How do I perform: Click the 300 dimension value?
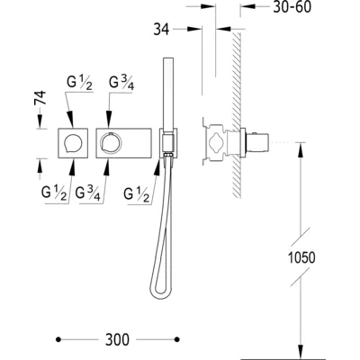pos(117,339)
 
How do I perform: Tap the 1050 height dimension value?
pos(301,257)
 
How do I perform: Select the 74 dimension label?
pos(40,97)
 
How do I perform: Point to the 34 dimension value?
pos(161,30)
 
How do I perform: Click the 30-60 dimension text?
pos(292,7)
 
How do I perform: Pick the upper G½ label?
pos(79,83)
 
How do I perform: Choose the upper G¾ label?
pos(121,83)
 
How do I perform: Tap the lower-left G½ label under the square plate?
pos(54,193)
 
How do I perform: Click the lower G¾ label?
pos(87,193)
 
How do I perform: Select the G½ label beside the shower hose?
pos(137,194)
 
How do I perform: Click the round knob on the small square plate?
pos(73,143)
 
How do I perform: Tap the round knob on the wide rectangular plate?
pos(111,142)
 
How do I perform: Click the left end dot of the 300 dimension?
pos(58,339)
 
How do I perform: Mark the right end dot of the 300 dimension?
pos(177,339)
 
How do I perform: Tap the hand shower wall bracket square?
pos(168,143)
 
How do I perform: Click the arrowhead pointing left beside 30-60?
pos(247,6)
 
